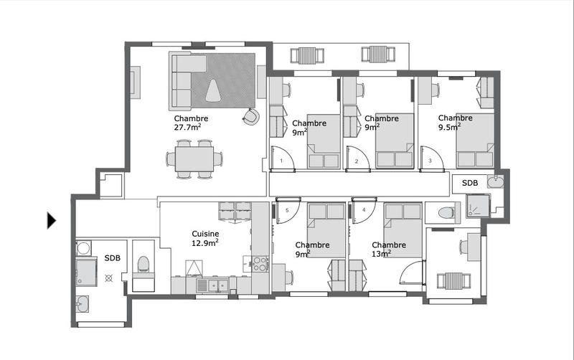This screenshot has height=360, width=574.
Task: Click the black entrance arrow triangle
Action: (x=51, y=220)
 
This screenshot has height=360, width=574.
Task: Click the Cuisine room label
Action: (x=205, y=234)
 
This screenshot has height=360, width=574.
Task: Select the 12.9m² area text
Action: (x=205, y=243)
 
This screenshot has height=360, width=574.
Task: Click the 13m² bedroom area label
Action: (x=380, y=253)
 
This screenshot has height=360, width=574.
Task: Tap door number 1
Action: (x=282, y=161)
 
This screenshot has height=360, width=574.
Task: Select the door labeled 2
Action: (x=357, y=161)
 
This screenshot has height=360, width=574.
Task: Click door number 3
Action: (x=430, y=161)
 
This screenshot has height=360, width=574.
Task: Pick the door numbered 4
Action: (x=364, y=210)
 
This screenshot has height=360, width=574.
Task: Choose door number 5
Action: (x=287, y=210)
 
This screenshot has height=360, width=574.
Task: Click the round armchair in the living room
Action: (x=250, y=117)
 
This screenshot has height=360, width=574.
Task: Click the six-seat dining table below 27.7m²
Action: (x=193, y=158)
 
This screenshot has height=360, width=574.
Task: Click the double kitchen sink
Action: (x=212, y=285)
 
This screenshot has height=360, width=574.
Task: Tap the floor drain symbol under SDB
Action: (x=109, y=276)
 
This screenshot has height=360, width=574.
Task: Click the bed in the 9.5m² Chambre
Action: (x=475, y=140)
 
